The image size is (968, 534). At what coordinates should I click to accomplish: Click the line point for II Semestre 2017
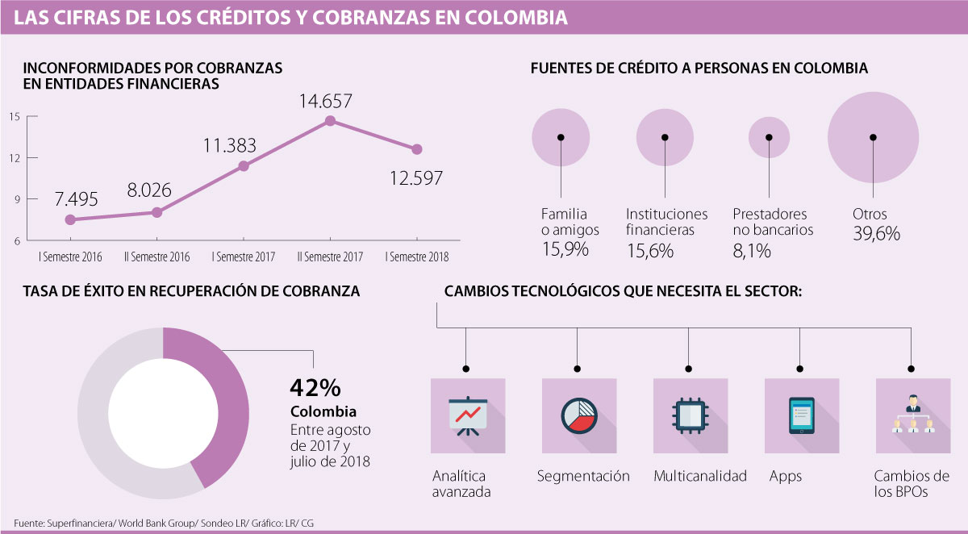click(x=329, y=121)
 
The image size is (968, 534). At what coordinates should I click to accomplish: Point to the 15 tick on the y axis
click(x=15, y=116)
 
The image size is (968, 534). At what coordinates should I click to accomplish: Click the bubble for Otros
click(x=873, y=138)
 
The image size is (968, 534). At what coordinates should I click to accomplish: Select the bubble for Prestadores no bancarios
click(x=769, y=138)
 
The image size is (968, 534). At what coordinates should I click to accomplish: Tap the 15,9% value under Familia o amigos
click(x=565, y=249)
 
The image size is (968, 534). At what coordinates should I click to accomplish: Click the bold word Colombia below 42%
click(x=323, y=412)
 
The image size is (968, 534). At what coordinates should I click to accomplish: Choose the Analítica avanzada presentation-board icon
click(x=468, y=415)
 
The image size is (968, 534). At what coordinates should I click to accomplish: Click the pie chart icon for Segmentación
click(x=578, y=415)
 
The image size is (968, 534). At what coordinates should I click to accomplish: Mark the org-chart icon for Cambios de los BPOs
click(x=912, y=415)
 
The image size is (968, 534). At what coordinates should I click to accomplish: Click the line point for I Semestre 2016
click(x=70, y=219)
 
